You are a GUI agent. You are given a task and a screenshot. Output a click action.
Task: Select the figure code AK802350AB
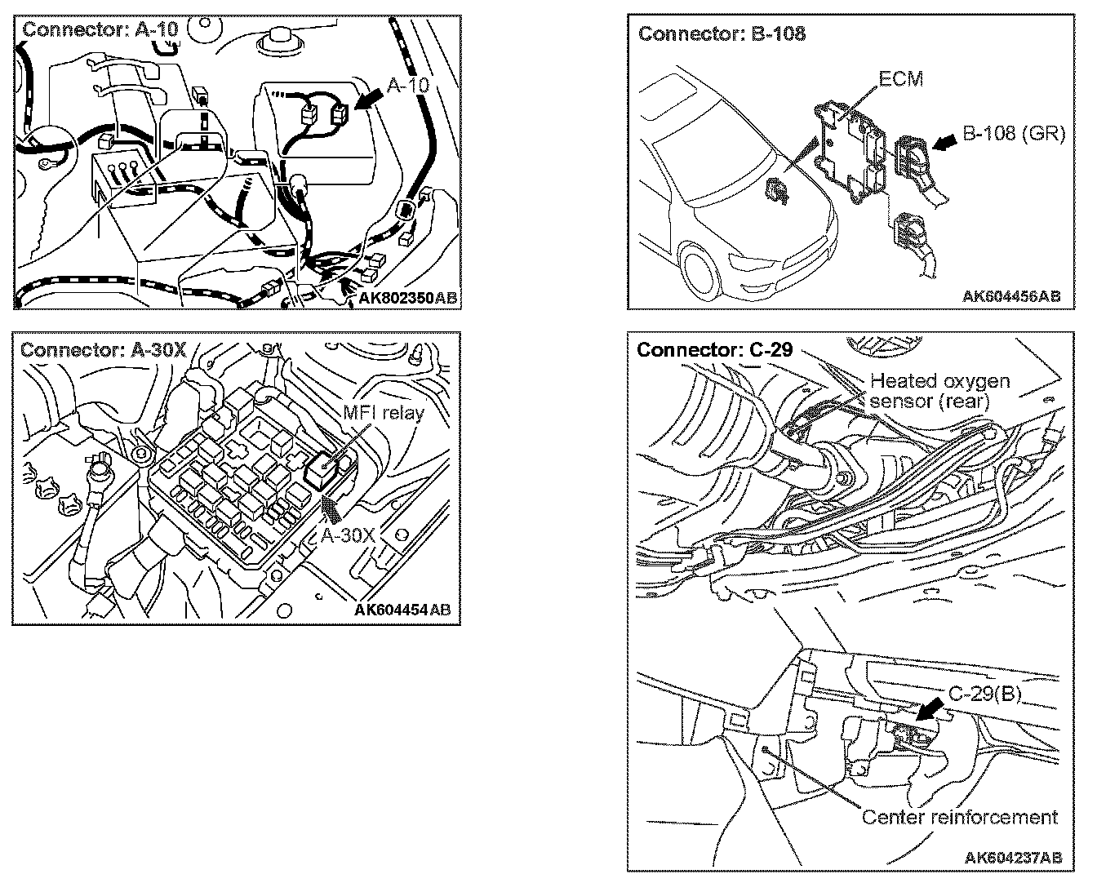coord(408,299)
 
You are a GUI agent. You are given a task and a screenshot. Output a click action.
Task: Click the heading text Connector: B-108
coord(722,33)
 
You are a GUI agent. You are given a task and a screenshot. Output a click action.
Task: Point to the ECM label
coord(900,79)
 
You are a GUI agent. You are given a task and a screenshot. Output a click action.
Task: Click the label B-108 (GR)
coord(1014,133)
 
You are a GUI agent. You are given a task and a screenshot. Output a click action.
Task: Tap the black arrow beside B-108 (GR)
coord(944,144)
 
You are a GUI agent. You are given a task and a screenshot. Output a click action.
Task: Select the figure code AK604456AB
coord(1011,295)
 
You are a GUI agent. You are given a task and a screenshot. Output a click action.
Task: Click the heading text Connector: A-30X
coord(104,350)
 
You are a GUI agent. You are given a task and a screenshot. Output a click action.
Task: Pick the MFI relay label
coord(383,412)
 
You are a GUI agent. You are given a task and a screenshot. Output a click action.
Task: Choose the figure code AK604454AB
coord(402,610)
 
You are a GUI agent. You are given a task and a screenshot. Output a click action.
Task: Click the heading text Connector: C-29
coord(714,350)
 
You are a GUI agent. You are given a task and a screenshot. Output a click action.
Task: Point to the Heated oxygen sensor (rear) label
coord(939,391)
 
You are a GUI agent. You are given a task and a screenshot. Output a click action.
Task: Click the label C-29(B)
coord(985,694)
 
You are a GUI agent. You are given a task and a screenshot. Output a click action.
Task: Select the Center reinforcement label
coord(959,817)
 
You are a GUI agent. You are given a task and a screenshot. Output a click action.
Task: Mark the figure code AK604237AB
coord(1013,857)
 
